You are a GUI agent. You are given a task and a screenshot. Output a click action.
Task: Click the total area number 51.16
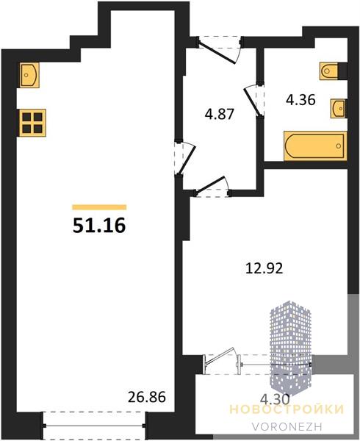99,226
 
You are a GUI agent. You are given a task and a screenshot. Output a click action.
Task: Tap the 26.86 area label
147,397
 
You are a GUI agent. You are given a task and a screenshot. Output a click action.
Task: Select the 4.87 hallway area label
220,114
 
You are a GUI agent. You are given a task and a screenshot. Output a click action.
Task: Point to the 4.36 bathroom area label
300,99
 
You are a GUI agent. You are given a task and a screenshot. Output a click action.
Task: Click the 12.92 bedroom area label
264,268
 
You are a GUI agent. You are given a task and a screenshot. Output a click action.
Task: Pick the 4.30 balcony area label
275,399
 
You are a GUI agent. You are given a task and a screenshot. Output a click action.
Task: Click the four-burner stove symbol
32,123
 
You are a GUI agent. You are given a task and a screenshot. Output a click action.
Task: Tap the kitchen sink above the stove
29,75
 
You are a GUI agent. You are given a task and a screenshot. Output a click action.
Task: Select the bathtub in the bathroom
315,146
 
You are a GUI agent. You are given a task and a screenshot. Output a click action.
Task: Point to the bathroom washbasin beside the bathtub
339,108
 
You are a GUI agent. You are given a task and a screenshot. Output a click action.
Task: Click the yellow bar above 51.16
99,207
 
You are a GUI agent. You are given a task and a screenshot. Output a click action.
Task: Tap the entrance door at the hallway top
217,51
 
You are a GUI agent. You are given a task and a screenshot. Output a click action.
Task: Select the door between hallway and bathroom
253,100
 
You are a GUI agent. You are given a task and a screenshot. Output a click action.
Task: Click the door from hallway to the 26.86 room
185,158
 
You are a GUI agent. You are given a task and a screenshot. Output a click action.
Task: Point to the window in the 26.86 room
94,426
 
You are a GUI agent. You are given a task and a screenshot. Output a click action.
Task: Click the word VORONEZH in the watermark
287,426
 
